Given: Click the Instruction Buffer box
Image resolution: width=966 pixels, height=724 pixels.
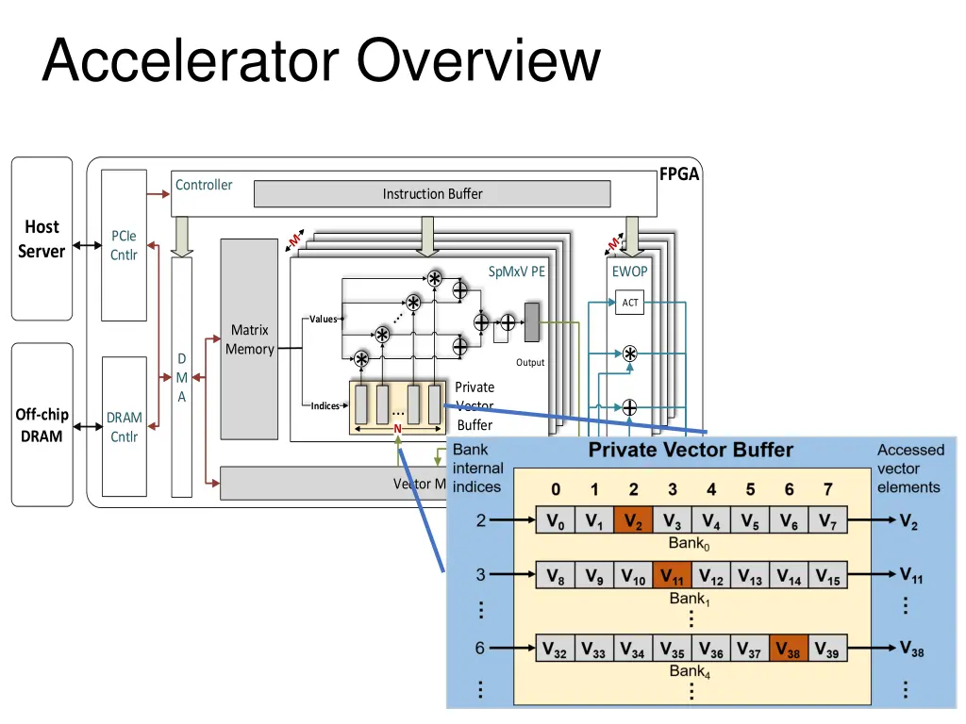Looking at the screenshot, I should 432,194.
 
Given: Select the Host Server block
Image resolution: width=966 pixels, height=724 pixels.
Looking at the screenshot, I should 42,239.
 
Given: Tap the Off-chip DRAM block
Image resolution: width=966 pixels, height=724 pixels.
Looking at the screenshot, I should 42,424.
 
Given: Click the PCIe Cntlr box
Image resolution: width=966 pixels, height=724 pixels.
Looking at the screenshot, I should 124,245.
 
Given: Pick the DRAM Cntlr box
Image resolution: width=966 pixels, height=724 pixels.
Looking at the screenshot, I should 124,426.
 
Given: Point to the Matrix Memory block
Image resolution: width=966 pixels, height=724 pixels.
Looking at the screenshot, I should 249,339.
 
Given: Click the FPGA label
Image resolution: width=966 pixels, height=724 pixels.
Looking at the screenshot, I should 679,173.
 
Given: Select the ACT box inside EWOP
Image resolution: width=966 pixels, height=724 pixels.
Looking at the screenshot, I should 629,303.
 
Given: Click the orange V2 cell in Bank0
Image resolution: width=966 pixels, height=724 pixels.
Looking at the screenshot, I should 633,520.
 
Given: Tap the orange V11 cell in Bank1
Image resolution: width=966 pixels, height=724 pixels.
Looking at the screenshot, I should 672,576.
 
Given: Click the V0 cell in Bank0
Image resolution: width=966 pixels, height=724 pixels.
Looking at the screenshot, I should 556,520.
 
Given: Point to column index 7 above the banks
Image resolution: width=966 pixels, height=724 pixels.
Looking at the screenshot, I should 827,489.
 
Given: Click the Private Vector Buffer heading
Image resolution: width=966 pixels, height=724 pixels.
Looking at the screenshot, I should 691,451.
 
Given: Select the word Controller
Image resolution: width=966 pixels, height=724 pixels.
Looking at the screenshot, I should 204,185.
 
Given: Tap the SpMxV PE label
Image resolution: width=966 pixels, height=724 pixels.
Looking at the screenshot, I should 517,271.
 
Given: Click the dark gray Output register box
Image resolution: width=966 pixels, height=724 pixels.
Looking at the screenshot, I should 531,322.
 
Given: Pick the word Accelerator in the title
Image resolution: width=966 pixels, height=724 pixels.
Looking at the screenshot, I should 190,62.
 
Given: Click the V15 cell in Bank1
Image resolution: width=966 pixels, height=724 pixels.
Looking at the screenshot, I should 827,576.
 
